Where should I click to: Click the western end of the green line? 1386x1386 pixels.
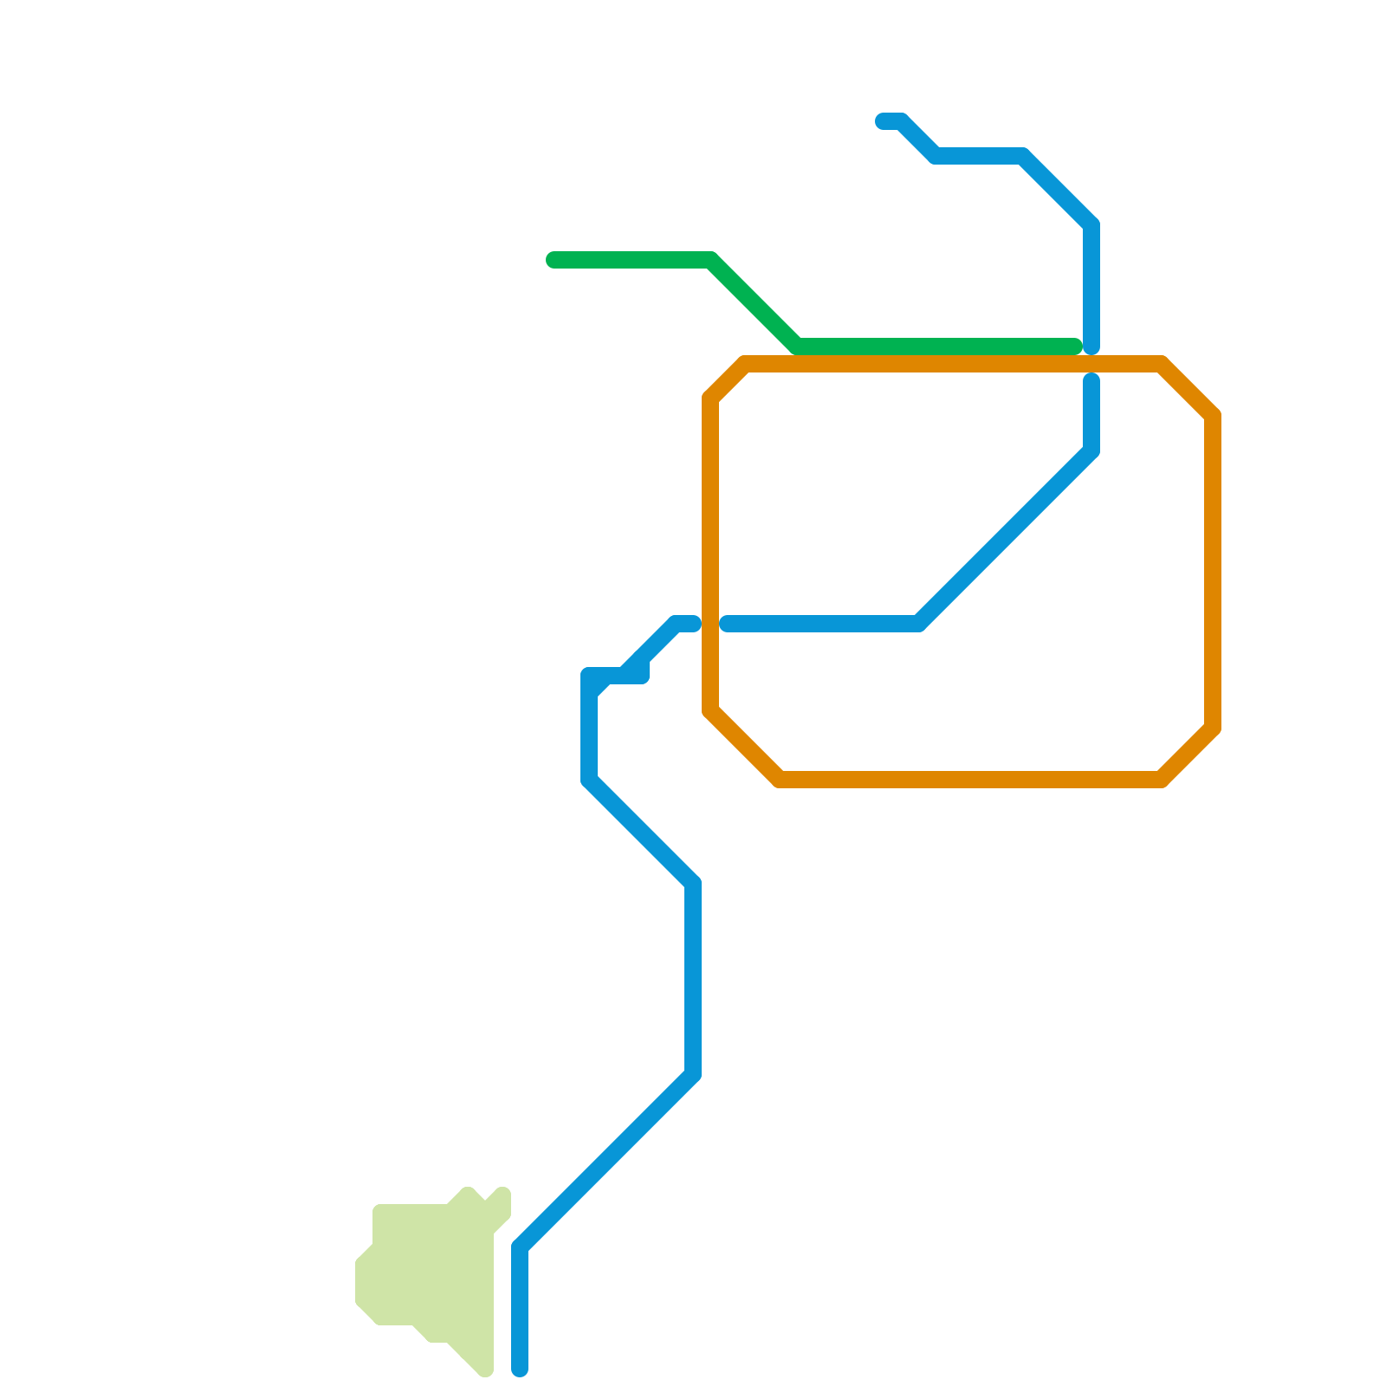[x=554, y=260]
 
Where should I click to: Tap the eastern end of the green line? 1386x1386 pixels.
[x=1076, y=346]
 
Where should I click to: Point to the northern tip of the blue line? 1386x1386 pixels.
[x=883, y=121]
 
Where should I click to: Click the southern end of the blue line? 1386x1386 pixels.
[x=520, y=1369]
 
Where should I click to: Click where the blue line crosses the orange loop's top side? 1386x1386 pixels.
[x=1091, y=364]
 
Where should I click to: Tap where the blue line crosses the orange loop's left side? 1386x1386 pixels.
[x=711, y=624]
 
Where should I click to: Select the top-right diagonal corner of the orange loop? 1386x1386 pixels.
[x=1188, y=389]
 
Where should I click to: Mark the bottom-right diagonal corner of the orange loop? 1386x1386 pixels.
[x=1188, y=755]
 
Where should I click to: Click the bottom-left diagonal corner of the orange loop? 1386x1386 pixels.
[x=744, y=746]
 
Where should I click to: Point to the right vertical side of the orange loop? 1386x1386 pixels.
[x=1213, y=572]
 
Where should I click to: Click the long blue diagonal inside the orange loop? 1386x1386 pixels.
[x=1005, y=537]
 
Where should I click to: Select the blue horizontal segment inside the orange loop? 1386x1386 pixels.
[x=823, y=624]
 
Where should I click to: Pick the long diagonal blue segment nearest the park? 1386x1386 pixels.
[x=606, y=1161]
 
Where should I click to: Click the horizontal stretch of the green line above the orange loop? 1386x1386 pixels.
[x=936, y=346]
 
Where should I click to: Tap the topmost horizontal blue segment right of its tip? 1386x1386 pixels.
[x=979, y=156]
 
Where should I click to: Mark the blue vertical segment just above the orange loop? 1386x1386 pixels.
[x=1091, y=286]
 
